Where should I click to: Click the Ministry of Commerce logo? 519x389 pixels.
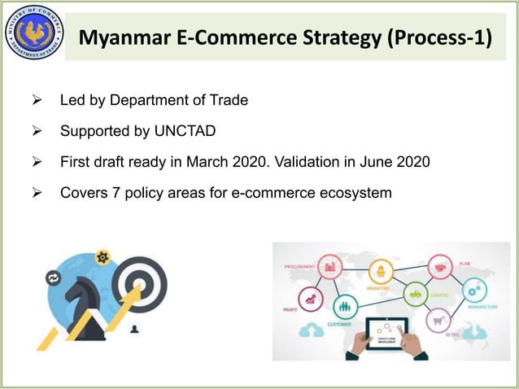coord(33,33)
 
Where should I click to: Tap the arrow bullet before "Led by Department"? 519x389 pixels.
coord(36,101)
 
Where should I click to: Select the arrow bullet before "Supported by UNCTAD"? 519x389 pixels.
coord(36,131)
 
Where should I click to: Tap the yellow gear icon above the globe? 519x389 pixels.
coord(102,257)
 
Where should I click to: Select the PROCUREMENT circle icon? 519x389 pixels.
coord(331,264)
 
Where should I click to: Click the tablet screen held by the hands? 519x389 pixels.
coord(386,331)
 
